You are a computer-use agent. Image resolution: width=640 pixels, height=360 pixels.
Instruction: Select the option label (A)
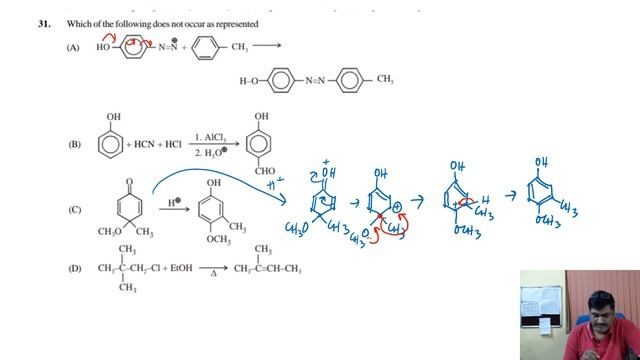[73, 47]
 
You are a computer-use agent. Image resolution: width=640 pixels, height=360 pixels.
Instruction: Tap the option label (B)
[73, 145]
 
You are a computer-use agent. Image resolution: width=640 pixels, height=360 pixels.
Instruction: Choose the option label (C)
[73, 209]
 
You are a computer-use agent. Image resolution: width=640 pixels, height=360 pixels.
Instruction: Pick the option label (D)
[73, 268]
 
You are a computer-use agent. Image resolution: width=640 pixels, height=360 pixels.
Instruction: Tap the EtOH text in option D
[182, 268]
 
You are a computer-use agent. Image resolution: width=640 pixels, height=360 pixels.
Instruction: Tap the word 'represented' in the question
[234, 22]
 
